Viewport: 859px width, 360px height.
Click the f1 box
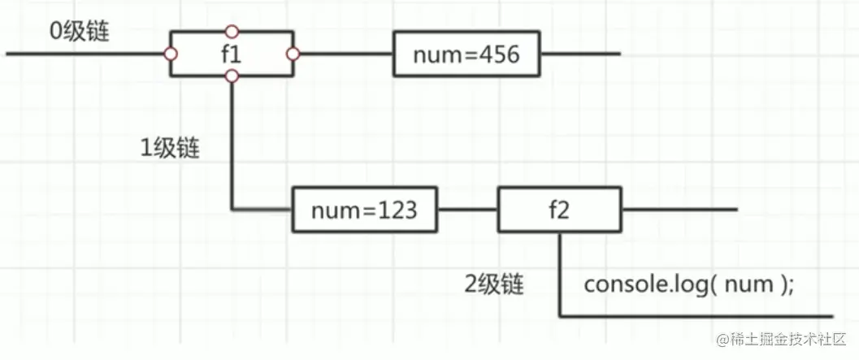click(x=232, y=54)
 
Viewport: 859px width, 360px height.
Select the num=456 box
click(x=465, y=54)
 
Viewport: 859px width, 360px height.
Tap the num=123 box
click(x=363, y=210)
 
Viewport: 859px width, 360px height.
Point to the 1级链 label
click(x=170, y=149)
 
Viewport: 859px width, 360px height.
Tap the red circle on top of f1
click(x=232, y=32)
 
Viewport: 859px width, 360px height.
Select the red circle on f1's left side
click(x=171, y=54)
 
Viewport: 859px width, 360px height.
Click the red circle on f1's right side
click(x=293, y=54)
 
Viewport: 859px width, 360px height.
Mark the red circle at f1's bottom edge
click(x=232, y=76)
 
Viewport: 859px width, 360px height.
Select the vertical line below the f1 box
click(x=232, y=146)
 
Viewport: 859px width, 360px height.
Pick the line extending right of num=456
click(x=579, y=54)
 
